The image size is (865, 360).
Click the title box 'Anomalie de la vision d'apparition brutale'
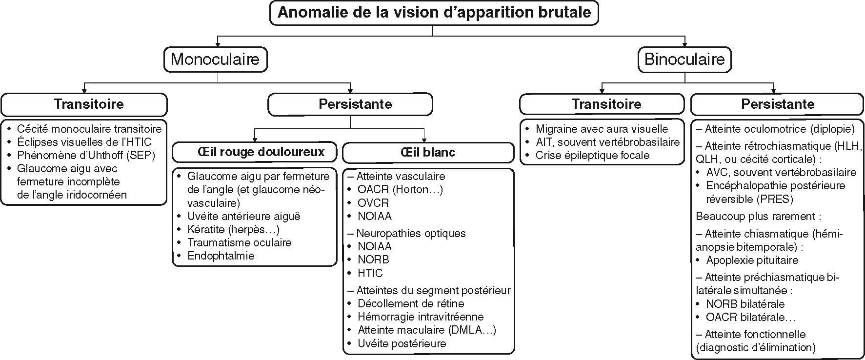(x=434, y=12)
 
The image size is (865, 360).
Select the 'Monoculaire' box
(x=215, y=60)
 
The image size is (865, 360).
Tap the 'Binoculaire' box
(x=684, y=60)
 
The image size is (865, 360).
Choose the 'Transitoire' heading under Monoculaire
(x=89, y=104)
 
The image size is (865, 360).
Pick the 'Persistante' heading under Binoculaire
(x=778, y=104)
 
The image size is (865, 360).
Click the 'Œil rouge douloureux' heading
(x=255, y=152)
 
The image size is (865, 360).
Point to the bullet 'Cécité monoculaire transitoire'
(x=89, y=129)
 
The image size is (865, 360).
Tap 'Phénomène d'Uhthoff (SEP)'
(x=86, y=156)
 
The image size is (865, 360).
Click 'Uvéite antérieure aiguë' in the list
(x=244, y=216)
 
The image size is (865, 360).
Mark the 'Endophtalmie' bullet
(x=221, y=256)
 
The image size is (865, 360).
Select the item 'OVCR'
(x=373, y=203)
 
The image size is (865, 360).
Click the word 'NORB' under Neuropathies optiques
(x=373, y=260)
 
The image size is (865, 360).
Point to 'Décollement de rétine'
(x=411, y=303)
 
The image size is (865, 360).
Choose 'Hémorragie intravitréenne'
(x=421, y=317)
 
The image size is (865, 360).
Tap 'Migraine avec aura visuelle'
(x=602, y=129)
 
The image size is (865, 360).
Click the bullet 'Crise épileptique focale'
(x=592, y=156)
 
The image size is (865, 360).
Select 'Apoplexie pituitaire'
(x=752, y=260)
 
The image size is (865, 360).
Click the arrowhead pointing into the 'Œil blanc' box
(x=424, y=140)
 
